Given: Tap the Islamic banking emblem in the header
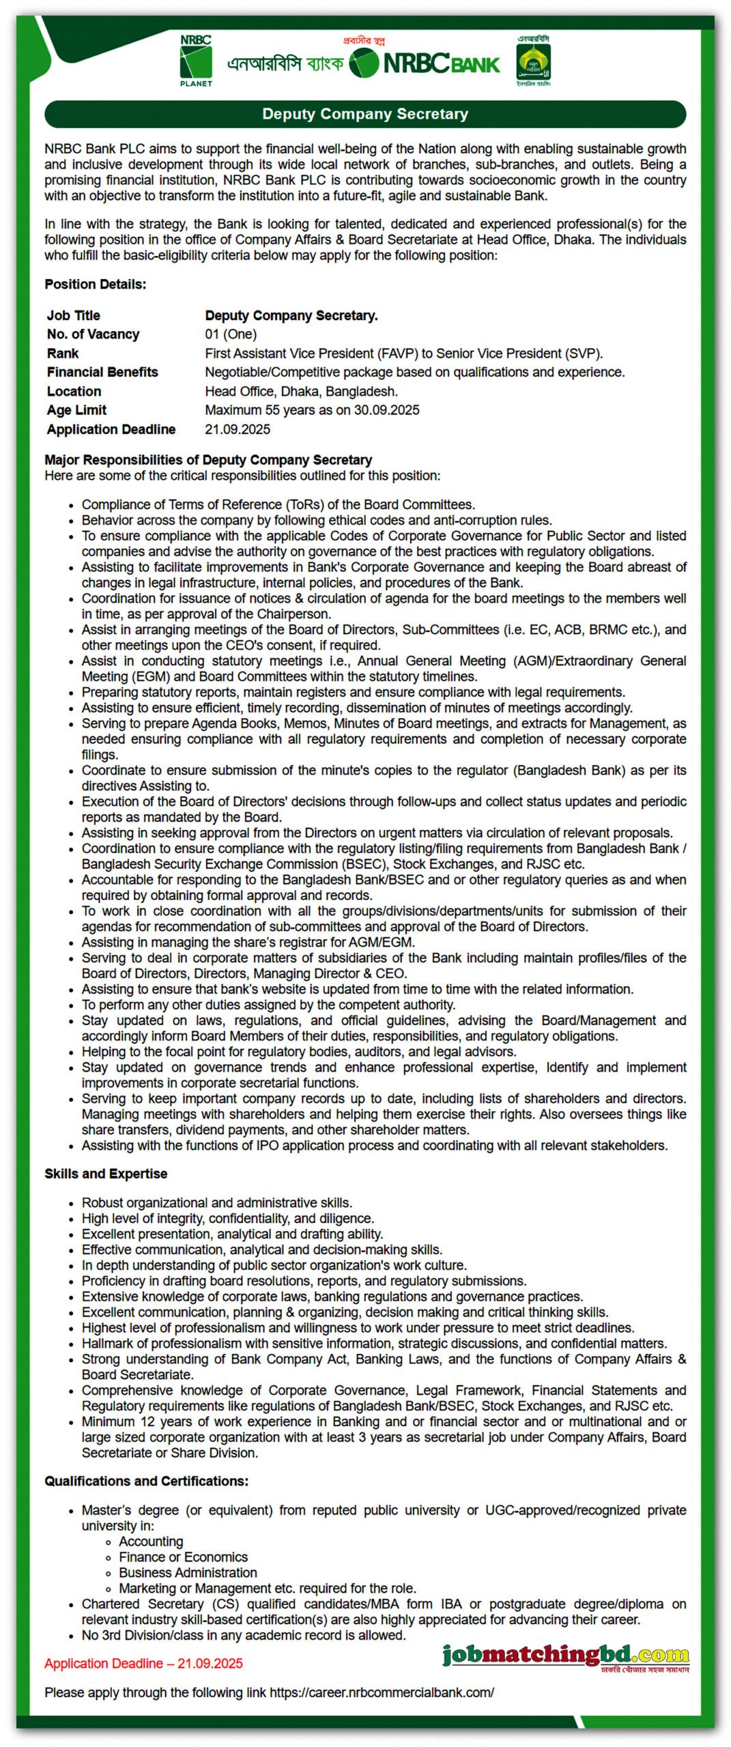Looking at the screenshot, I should pyautogui.click(x=533, y=61).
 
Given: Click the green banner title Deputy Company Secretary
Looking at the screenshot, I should pyautogui.click(x=365, y=114).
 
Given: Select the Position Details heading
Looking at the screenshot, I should pyautogui.click(x=96, y=284).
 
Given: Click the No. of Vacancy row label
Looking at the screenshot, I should pyautogui.click(x=93, y=334).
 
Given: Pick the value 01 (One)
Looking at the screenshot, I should pyautogui.click(x=231, y=334).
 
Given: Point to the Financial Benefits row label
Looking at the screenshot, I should pyautogui.click(x=102, y=372).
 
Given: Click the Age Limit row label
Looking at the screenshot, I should pyautogui.click(x=76, y=410).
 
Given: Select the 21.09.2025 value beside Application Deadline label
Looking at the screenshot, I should pyautogui.click(x=238, y=429).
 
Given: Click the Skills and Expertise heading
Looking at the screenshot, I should pyautogui.click(x=106, y=1174).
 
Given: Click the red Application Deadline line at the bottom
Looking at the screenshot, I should pyautogui.click(x=143, y=1664).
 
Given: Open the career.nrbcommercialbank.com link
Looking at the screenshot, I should pyautogui.click(x=382, y=1692).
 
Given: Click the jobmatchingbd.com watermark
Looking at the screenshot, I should pyautogui.click(x=565, y=1656).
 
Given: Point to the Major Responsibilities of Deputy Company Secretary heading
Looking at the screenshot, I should pyautogui.click(x=208, y=460).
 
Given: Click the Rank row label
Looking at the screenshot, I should pyautogui.click(x=63, y=353).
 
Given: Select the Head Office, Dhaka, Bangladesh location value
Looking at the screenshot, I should pyautogui.click(x=301, y=392).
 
